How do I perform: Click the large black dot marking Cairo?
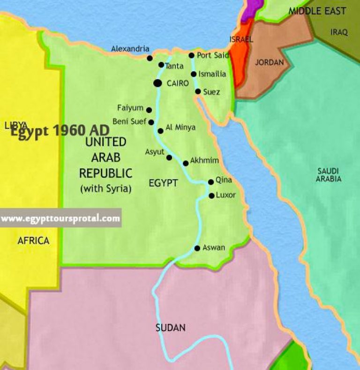tap(157, 83)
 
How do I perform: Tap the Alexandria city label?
tap(130, 49)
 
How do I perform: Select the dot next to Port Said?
tap(191, 55)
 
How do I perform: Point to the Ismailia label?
tap(212, 74)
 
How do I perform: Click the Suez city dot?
tap(198, 91)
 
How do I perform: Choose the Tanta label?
tap(174, 66)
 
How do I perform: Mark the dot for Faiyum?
tap(149, 110)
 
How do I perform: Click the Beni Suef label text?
tap(129, 121)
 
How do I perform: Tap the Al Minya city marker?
tap(160, 131)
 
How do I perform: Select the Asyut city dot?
tap(169, 158)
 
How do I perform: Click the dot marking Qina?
tap(211, 182)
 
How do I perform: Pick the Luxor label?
tap(225, 195)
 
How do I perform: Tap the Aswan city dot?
tap(197, 248)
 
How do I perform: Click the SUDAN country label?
tap(171, 328)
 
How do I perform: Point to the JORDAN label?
tap(269, 62)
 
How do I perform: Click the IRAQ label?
tap(339, 32)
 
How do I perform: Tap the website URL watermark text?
tap(60, 219)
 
